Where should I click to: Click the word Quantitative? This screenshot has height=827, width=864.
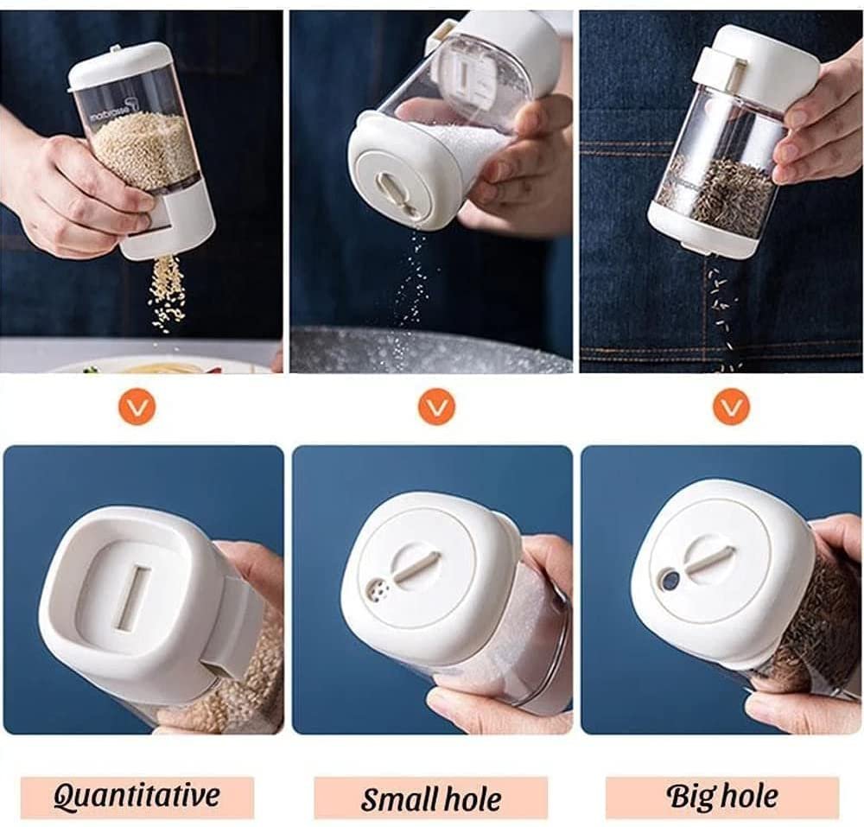(x=137, y=795)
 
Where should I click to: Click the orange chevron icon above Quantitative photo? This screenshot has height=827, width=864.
(x=137, y=407)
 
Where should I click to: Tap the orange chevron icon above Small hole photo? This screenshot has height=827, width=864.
(x=436, y=407)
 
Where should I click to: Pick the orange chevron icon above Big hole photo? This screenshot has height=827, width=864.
(x=732, y=407)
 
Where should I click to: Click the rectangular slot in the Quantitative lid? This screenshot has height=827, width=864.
(x=132, y=600)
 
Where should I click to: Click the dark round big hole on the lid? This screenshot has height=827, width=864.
(x=670, y=579)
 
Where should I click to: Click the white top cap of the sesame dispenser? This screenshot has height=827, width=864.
(x=118, y=66)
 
